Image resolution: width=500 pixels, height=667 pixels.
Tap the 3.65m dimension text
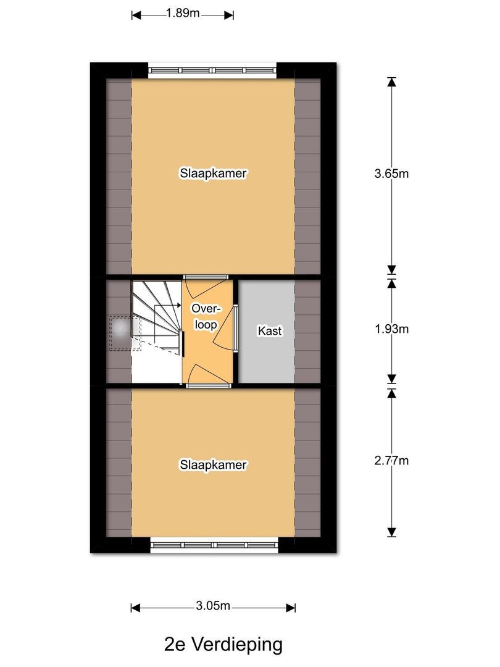click(x=391, y=174)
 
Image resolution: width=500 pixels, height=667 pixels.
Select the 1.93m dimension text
click(x=391, y=329)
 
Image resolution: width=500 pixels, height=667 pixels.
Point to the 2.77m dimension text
click(x=391, y=460)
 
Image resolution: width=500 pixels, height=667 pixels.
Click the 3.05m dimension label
click(x=213, y=606)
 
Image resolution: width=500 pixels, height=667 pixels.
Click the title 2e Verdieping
click(x=223, y=645)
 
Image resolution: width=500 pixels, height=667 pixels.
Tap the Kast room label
click(x=270, y=331)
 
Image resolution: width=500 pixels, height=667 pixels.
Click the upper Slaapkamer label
click(x=214, y=174)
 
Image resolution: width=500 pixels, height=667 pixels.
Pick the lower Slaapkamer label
click(x=214, y=464)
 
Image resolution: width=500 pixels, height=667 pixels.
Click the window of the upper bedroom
click(x=212, y=70)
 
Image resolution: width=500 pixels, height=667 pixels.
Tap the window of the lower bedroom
click(x=214, y=545)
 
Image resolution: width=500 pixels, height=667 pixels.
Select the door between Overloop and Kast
click(x=235, y=328)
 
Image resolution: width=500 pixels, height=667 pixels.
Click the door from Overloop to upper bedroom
click(x=207, y=277)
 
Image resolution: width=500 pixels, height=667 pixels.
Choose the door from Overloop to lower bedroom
click(x=209, y=385)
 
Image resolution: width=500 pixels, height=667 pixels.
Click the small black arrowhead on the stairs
click(x=178, y=305)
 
